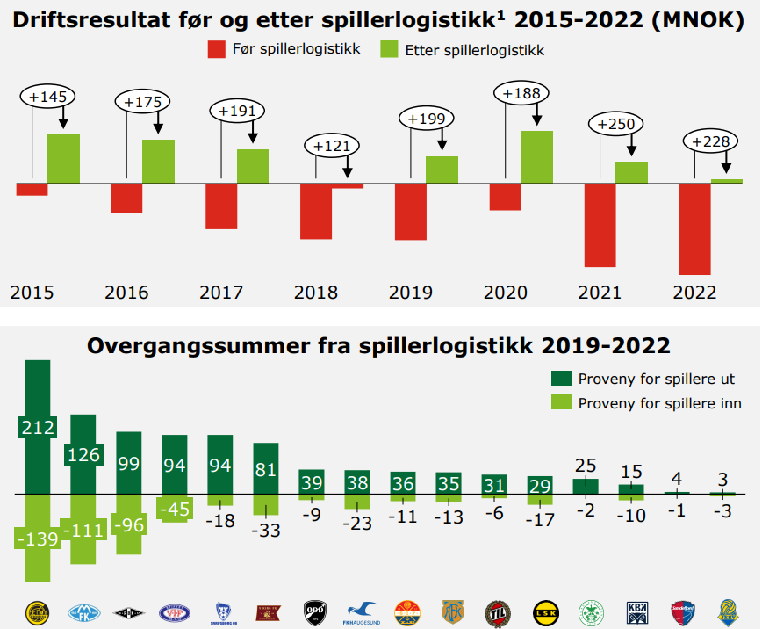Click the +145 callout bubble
pyautogui.click(x=47, y=96)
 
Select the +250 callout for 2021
pyautogui.click(x=615, y=125)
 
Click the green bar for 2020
pyautogui.click(x=536, y=156)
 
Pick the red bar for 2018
pyautogui.click(x=316, y=211)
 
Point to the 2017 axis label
pyautogui.click(x=221, y=293)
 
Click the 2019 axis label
pyautogui.click(x=410, y=293)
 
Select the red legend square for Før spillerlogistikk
pyautogui.click(x=217, y=50)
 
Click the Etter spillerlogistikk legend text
pyautogui.click(x=474, y=51)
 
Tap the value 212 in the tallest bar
pyautogui.click(x=38, y=428)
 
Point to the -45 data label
pyautogui.click(x=175, y=508)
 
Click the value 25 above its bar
pyautogui.click(x=586, y=464)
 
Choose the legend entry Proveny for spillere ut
pyautogui.click(x=656, y=380)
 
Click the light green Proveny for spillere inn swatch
pyautogui.click(x=561, y=403)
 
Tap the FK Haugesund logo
pyautogui.click(x=360, y=611)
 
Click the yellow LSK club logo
pyautogui.click(x=544, y=611)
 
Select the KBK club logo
pyautogui.click(x=636, y=611)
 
